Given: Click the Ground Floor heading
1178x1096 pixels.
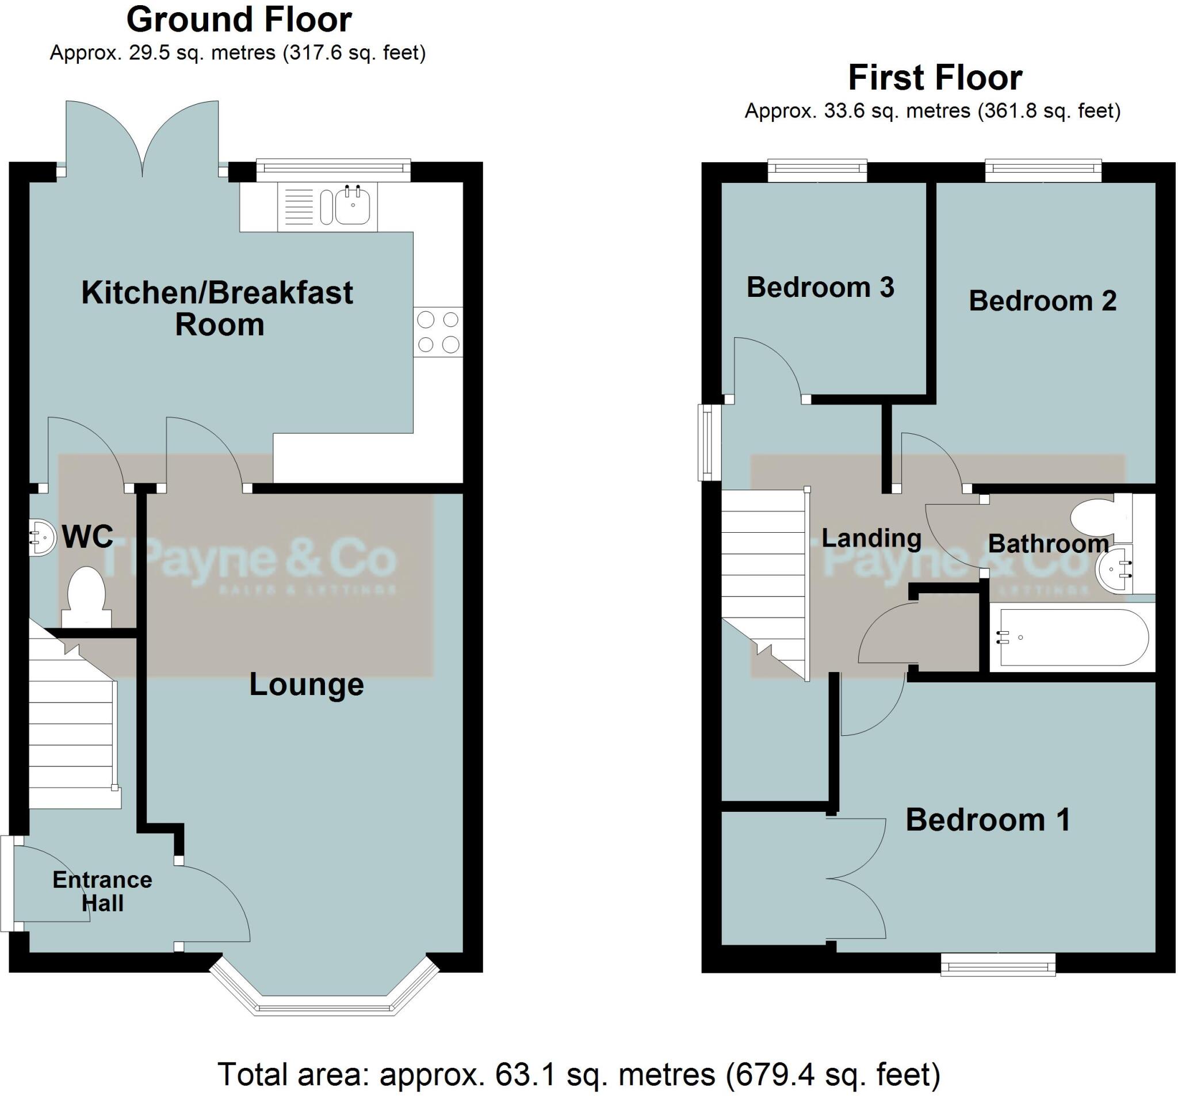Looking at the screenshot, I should (239, 20).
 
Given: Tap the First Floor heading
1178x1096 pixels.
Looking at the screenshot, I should (935, 78).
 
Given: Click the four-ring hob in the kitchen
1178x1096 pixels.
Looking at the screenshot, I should (438, 332).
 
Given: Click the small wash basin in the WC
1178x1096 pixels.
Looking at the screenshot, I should (40, 537).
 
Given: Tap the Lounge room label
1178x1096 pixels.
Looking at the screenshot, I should (306, 685).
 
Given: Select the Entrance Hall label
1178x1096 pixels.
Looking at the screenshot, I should (102, 891).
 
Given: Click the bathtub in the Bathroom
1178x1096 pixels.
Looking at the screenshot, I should (1073, 638).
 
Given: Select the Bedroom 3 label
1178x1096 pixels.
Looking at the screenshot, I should (820, 288).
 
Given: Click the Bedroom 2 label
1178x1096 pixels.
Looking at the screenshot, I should (1042, 301).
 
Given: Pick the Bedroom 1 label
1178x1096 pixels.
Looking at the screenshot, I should (988, 820).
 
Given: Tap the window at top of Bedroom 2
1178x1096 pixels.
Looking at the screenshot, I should (1043, 171).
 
